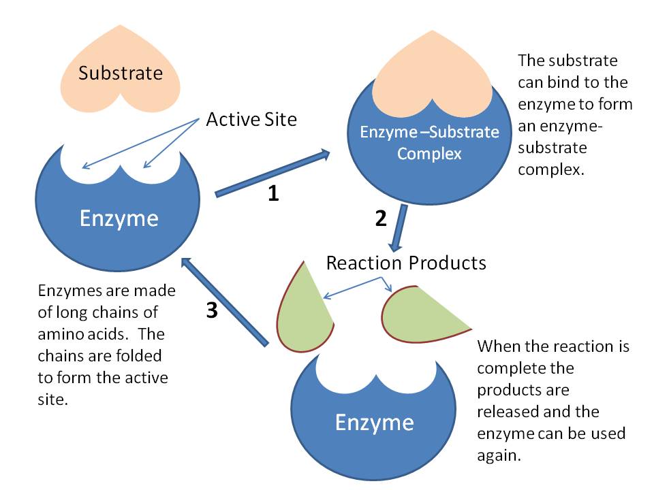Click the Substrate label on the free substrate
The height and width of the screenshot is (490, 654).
(121, 73)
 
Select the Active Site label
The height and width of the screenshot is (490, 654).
(251, 120)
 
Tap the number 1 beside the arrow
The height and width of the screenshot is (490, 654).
(272, 194)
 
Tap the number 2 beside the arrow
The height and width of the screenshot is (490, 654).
(381, 218)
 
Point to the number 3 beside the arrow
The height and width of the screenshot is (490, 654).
(212, 310)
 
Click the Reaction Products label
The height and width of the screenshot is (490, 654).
(406, 263)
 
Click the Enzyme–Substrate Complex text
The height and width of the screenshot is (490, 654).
(429, 142)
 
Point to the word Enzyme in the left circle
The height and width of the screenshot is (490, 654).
(119, 218)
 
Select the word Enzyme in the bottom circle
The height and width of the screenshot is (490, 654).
(374, 423)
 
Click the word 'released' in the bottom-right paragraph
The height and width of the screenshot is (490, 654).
(506, 411)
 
